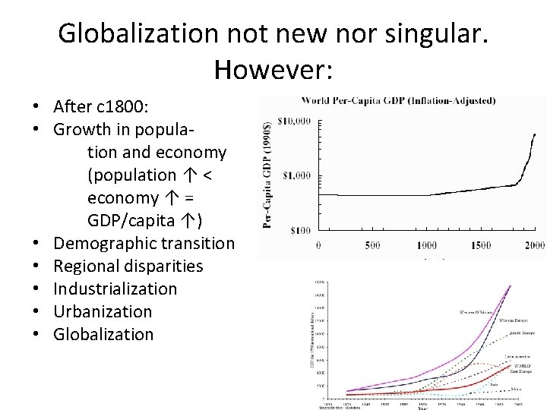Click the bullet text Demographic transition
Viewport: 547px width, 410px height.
[144, 243]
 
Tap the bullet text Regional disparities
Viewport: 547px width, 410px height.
[128, 266]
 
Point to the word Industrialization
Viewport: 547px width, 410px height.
[115, 289]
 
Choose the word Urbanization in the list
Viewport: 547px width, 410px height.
[103, 311]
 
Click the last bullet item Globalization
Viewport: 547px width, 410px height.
[103, 334]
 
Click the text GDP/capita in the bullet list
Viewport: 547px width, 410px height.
[134, 220]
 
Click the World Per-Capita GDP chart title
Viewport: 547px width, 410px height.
[399, 99]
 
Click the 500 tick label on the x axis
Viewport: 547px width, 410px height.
[372, 245]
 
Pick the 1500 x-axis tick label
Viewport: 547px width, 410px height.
[480, 245]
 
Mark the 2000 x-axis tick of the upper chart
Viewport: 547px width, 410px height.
[534, 245]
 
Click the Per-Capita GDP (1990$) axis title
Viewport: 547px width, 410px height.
[268, 175]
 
